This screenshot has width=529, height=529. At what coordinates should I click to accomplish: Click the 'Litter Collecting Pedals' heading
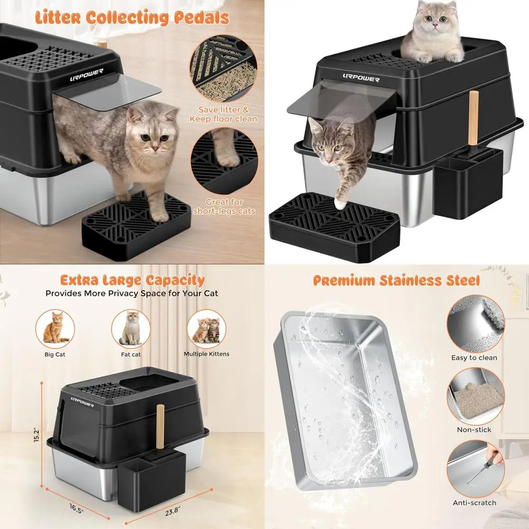pos(132,17)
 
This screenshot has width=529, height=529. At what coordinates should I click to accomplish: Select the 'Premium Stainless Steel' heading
pos(396,280)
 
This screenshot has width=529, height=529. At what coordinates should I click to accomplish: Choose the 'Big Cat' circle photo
pos(56,328)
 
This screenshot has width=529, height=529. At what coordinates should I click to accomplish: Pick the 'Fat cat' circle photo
pos(131,328)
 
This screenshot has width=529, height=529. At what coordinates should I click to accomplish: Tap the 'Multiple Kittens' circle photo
pos(206,328)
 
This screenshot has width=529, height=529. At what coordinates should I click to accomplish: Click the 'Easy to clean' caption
pos(474,358)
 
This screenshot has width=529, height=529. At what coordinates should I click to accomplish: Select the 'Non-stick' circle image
pos(474,396)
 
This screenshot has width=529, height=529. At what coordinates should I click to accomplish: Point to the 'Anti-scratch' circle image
pos(474,468)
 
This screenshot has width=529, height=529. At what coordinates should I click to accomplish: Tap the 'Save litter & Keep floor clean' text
pos(224,114)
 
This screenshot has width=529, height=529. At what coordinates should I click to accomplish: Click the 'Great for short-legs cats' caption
pos(224,206)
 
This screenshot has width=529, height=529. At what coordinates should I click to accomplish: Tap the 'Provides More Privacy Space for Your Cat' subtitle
pos(132,293)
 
